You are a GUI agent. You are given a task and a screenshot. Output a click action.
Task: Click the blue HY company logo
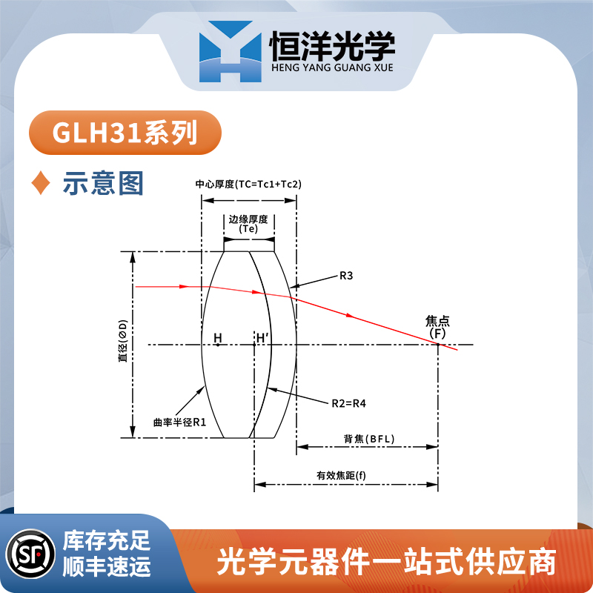point(231,51)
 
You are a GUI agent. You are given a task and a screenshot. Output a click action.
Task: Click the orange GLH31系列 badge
point(125,133)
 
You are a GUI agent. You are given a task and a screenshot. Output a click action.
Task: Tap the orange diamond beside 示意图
point(41,182)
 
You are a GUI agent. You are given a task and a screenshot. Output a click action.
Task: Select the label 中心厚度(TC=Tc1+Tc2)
point(248,184)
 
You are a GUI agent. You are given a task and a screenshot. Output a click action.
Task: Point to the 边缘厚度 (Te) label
point(248,224)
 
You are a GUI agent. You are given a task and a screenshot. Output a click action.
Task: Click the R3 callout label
point(346,276)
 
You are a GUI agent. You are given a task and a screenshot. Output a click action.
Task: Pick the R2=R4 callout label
point(348,403)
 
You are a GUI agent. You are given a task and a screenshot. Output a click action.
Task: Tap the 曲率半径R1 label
point(179,422)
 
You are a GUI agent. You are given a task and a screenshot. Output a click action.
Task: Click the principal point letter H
point(218,338)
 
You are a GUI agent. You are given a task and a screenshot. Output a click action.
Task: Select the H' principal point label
point(262,338)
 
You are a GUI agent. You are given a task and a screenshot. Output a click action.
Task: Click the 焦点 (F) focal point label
point(437,327)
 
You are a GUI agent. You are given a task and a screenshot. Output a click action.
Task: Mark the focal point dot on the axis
point(438,345)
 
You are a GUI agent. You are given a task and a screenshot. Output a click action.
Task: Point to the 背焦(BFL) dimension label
point(369,439)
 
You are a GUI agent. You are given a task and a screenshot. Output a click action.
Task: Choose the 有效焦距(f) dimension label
point(341,475)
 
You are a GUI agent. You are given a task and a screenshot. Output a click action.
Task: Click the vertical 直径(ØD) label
point(123,341)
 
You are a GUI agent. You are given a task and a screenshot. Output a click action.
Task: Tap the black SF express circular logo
point(31,554)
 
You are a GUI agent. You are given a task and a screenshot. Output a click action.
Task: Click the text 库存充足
point(107,541)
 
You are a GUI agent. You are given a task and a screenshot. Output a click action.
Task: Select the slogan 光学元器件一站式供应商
point(386,562)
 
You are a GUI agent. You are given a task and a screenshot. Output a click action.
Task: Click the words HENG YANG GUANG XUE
point(332,67)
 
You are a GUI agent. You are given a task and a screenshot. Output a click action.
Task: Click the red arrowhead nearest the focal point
point(350,316)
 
